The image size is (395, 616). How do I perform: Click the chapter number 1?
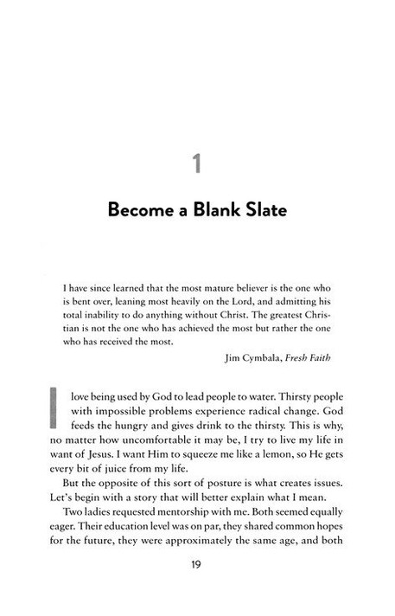tap(197, 164)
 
